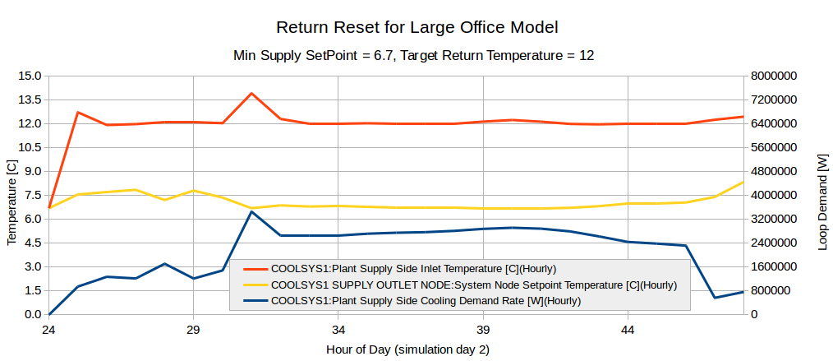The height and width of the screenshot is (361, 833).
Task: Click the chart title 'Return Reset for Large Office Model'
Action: point(416,27)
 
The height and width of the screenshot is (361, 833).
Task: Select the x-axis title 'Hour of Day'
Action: point(407,349)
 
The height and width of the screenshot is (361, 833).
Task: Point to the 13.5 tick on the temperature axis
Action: point(30,100)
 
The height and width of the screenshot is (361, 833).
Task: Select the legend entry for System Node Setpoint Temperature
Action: point(473,285)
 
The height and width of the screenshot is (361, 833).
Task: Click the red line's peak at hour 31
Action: point(251,94)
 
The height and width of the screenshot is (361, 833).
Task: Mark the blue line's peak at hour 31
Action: point(251,212)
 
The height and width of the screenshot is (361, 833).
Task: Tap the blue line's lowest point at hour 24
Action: point(49,314)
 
